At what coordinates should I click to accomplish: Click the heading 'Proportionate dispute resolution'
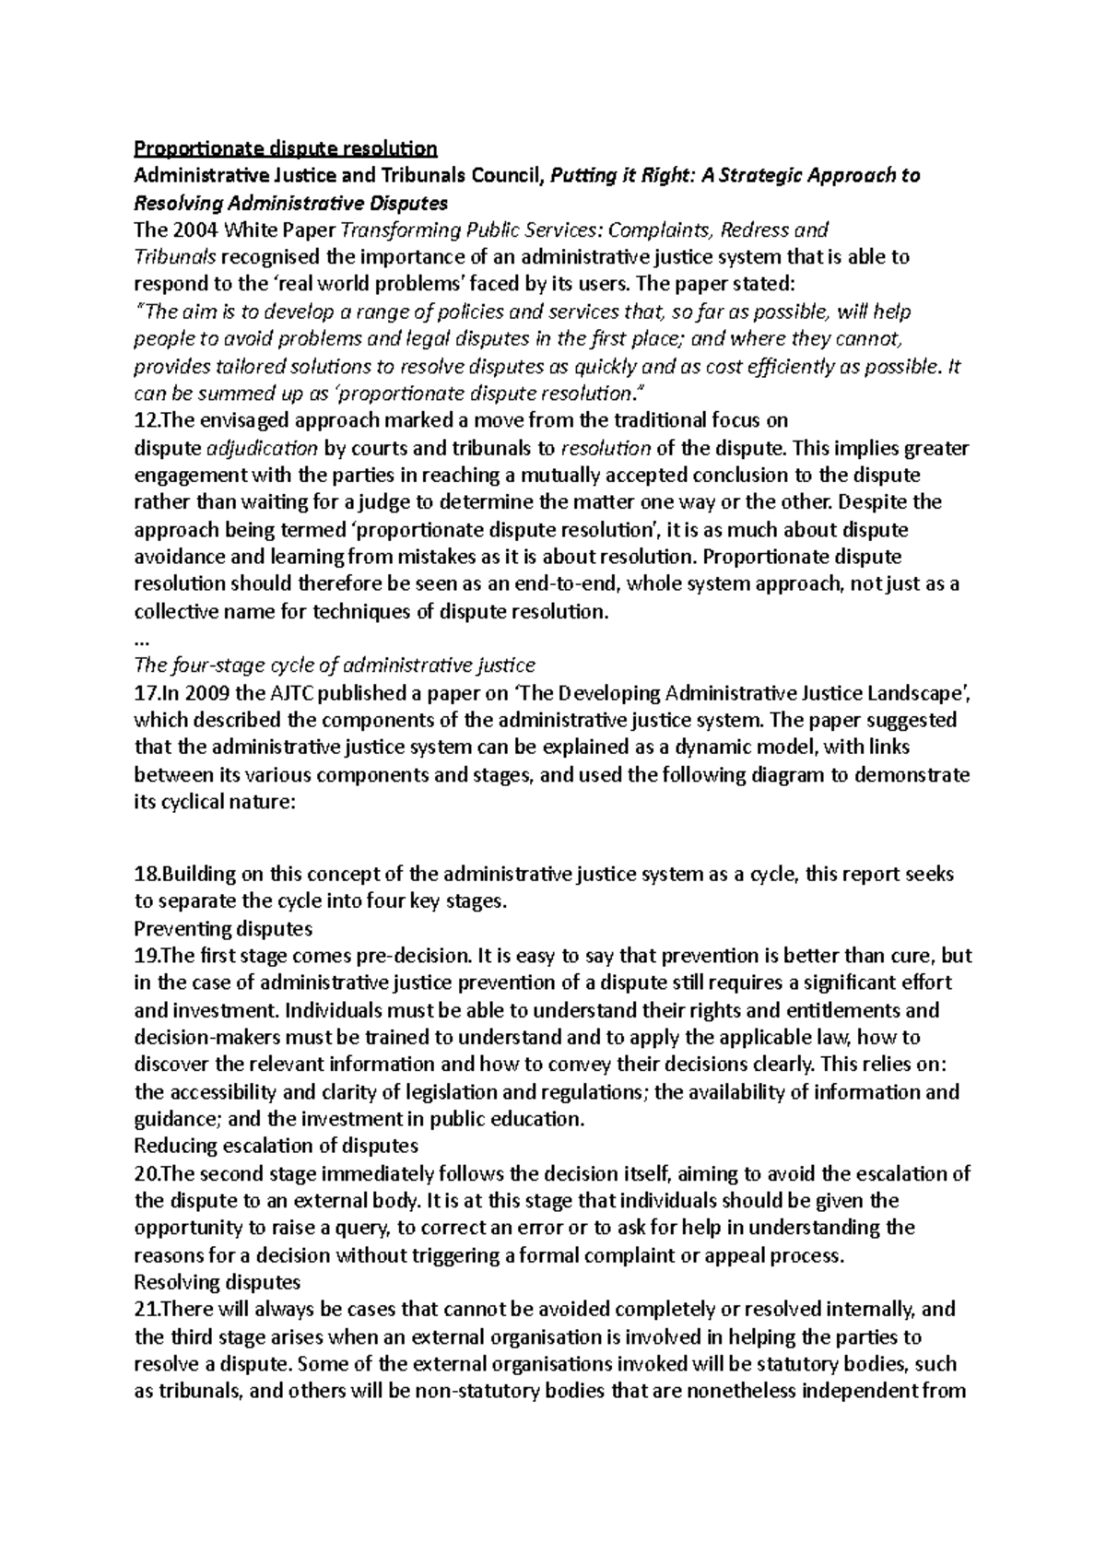click(x=286, y=148)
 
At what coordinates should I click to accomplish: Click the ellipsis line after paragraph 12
click(x=141, y=639)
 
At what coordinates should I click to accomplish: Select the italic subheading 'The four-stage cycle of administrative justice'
click(x=335, y=665)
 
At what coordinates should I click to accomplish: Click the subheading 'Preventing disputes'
click(x=223, y=928)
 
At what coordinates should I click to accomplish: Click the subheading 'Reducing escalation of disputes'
click(x=276, y=1147)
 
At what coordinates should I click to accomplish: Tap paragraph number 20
click(x=147, y=1174)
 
